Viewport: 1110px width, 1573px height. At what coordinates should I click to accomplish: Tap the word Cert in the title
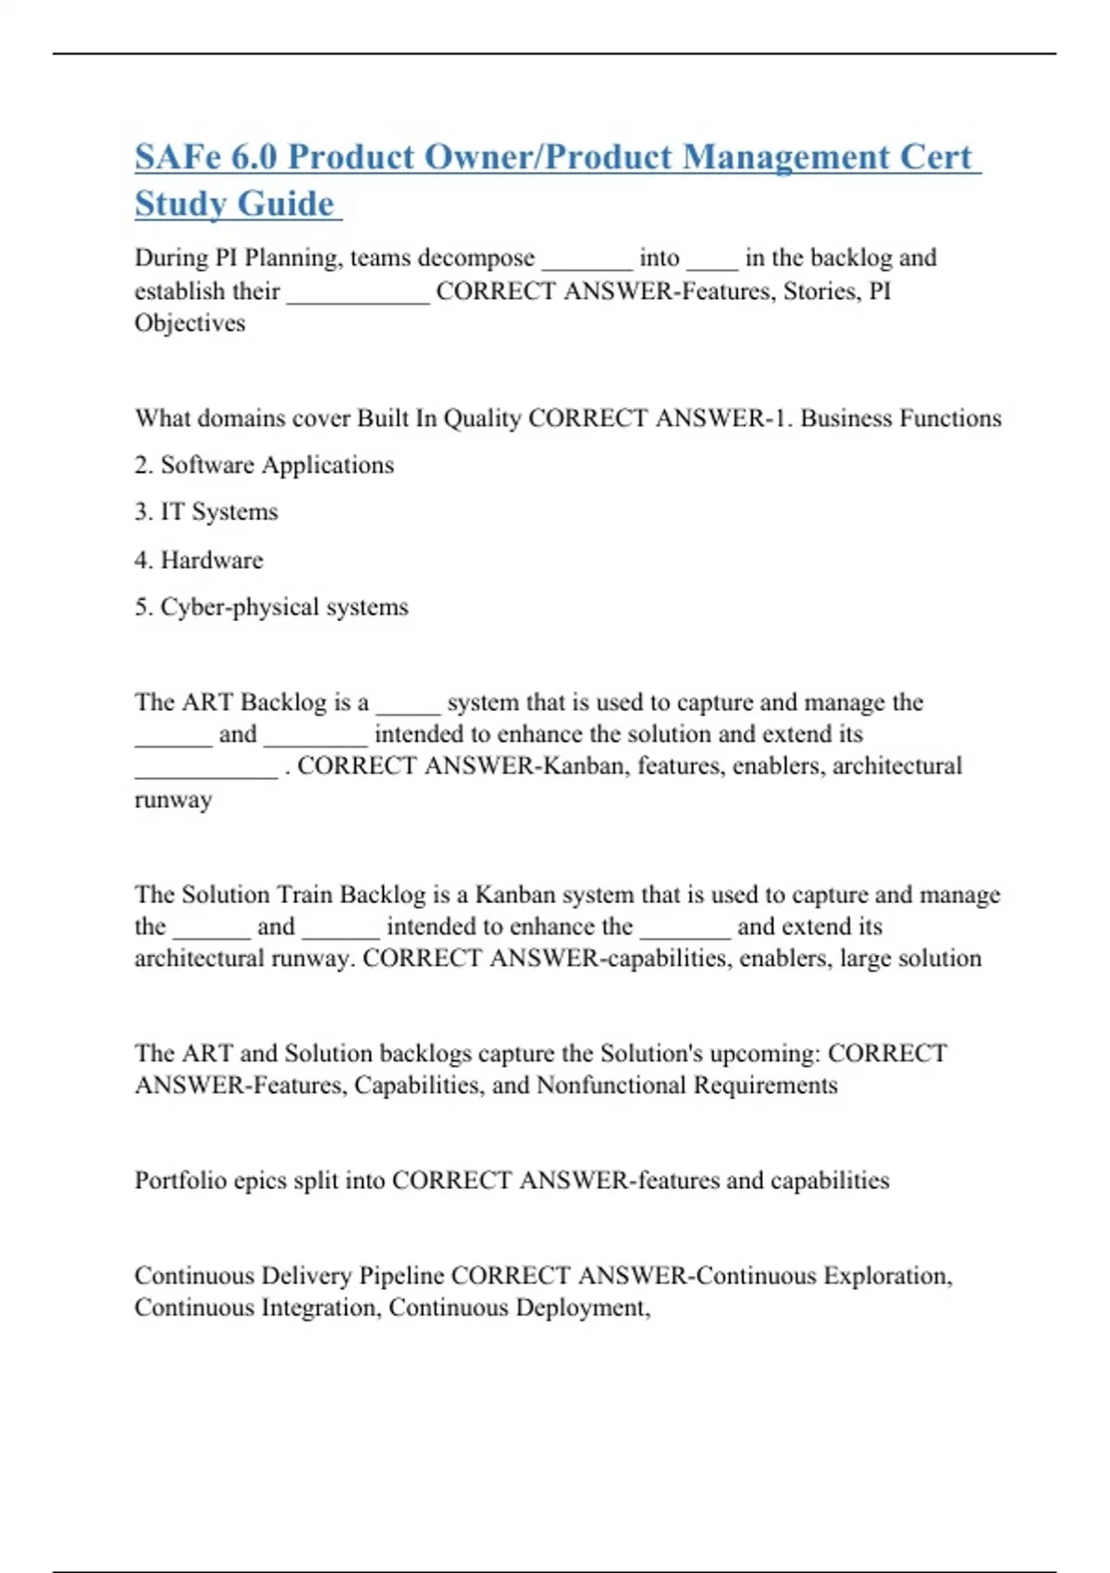[936, 157]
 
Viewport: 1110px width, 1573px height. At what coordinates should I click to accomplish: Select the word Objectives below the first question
[190, 323]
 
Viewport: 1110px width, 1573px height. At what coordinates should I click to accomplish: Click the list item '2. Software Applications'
[264, 464]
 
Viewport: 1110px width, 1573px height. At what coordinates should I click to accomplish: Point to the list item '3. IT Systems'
[205, 512]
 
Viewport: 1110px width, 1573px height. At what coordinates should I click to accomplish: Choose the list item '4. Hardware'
[198, 560]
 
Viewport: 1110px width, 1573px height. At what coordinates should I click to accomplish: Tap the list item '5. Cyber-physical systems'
[271, 607]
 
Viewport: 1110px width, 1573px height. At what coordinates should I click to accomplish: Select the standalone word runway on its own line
[173, 799]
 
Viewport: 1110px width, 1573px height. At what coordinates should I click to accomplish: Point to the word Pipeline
[401, 1276]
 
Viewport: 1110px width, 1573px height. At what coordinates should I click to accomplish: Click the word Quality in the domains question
[483, 418]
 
